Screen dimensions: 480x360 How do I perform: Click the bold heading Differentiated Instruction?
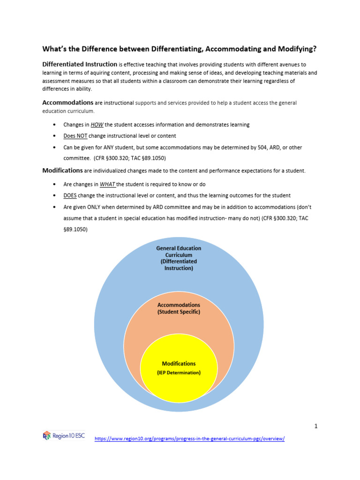80,64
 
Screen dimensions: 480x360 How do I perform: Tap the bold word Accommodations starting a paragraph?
68,102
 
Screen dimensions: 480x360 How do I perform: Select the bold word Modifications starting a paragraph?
63,170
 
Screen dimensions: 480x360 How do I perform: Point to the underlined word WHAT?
108,184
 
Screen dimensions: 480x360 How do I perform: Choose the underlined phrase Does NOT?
75,136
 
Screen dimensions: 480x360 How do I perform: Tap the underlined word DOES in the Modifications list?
70,195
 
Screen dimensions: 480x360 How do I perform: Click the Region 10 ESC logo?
64,435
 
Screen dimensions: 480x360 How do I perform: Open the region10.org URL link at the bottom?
189,439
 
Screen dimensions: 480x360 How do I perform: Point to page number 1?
316,426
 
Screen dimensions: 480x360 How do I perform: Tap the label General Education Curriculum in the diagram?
179,252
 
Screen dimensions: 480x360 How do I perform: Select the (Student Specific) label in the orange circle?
179,312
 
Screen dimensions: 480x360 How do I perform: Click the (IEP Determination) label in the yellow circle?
179,373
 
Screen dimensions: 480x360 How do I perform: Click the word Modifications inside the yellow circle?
179,364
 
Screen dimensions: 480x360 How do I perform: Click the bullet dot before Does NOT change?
55,136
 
